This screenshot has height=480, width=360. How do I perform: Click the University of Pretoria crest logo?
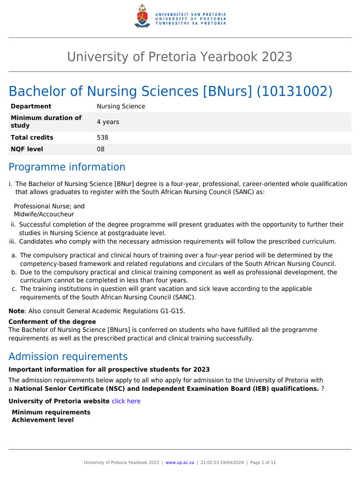[x=142, y=15]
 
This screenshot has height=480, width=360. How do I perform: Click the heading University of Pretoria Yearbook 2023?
[x=180, y=57]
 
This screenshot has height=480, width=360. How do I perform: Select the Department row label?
[x=31, y=106]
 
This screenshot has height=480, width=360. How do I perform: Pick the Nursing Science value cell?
[x=121, y=106]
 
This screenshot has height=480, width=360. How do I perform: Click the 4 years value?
[x=108, y=122]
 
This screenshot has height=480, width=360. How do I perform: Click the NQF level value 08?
[x=100, y=149]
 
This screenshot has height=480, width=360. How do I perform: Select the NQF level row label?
[x=27, y=149]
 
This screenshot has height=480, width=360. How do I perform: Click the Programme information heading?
[x=67, y=167]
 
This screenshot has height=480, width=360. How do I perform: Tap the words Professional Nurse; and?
[x=49, y=206]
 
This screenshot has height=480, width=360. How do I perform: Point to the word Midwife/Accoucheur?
[x=44, y=214]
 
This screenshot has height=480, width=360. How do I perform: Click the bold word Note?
[x=17, y=311]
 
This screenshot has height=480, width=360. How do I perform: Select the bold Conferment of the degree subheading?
[x=52, y=322]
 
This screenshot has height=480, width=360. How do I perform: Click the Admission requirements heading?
[x=68, y=356]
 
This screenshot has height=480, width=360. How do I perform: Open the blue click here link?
[x=126, y=401]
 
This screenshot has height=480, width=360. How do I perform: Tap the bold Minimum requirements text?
[x=51, y=412]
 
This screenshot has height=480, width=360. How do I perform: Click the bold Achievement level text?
[x=43, y=420]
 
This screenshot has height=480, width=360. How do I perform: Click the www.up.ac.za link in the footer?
[x=180, y=462]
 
